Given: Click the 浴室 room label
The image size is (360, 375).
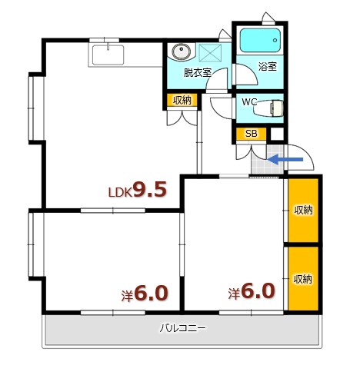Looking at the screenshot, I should [267, 66].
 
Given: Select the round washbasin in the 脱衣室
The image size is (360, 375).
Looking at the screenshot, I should [182, 53].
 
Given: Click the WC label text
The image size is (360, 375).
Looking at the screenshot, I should [249, 101].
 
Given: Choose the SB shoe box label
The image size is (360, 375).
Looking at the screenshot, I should [251, 134].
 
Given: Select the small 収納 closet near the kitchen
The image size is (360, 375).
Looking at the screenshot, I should [182, 100].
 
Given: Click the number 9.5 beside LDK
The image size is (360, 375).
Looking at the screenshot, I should [149, 189].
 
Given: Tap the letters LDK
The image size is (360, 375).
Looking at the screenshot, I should [118, 193].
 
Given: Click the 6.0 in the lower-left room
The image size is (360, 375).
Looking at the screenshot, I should [151, 294].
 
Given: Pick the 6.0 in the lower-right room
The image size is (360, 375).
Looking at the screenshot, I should [258, 291].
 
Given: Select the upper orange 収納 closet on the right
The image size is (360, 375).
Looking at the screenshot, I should [303, 209].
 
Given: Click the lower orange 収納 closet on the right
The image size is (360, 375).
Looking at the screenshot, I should [303, 278].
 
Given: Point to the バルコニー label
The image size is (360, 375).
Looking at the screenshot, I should [182, 329].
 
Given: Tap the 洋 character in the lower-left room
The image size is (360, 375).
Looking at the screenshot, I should [127, 295].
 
